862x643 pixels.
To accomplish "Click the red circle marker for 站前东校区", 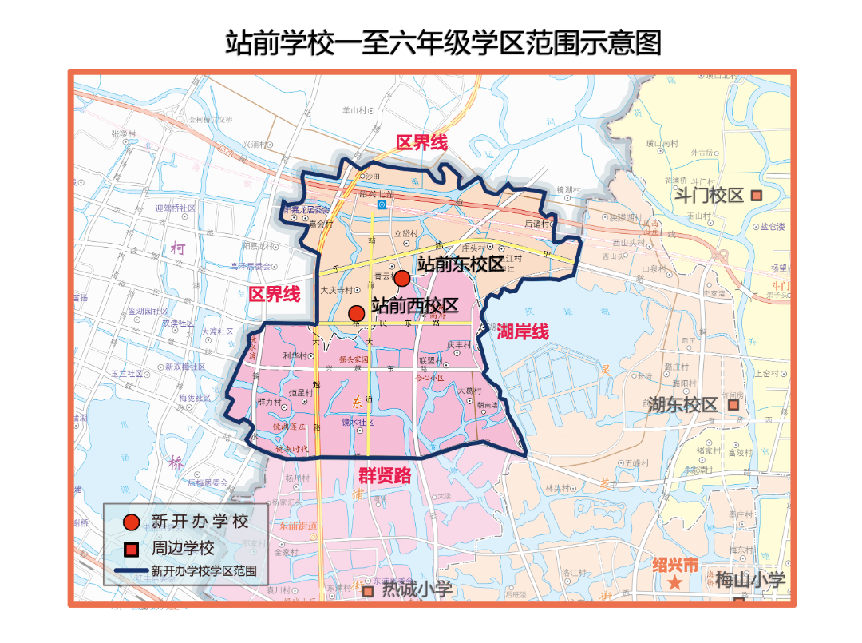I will [x=402, y=278].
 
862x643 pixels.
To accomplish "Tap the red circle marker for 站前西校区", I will [x=357, y=313].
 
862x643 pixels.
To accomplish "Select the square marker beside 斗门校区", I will [x=757, y=195].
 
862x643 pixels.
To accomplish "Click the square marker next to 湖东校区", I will [x=733, y=405].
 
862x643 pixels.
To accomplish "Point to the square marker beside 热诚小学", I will [x=368, y=592].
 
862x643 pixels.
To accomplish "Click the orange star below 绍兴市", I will [x=675, y=583].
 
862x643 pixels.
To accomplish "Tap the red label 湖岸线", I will [x=523, y=332].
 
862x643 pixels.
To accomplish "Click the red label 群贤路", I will [x=385, y=476].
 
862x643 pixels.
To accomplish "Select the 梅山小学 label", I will [x=750, y=580].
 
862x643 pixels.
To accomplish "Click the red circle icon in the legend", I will [x=131, y=522].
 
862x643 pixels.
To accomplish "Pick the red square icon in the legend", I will [x=131, y=549].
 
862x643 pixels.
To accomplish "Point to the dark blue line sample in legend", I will [x=131, y=571].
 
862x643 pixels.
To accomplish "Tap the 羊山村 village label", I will [x=354, y=110].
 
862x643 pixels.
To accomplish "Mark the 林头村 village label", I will [x=557, y=488].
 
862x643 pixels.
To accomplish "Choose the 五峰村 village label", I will [x=636, y=462].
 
